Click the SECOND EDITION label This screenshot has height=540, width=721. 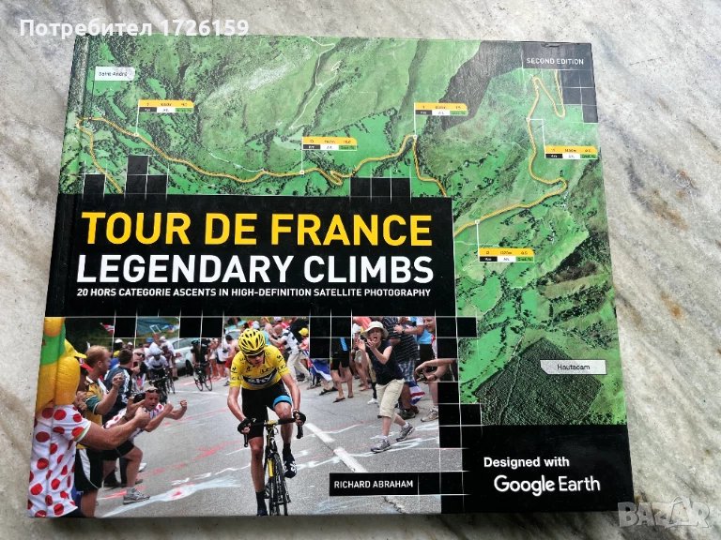point(554,62)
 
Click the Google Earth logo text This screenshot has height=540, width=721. point(546,484)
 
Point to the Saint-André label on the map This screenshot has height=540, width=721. point(110,72)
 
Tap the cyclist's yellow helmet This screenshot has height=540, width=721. point(252,339)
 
